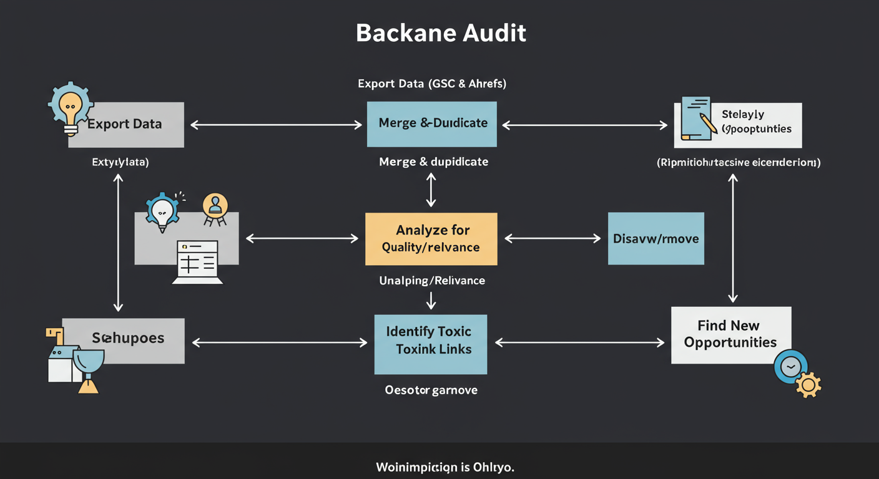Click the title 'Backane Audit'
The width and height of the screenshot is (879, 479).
coord(441,33)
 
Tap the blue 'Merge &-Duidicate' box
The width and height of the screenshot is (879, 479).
coord(432,123)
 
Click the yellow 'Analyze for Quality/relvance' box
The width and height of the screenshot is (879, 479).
coord(431,239)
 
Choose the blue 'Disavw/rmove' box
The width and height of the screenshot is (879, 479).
coord(656,238)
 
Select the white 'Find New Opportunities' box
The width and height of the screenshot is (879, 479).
coord(730,335)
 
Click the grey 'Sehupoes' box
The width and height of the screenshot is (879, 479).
coord(128,340)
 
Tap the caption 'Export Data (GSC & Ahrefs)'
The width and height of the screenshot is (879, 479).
coord(432,84)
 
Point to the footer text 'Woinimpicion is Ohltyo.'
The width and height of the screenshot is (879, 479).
coord(445,467)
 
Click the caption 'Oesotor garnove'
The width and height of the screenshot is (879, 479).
coord(431,390)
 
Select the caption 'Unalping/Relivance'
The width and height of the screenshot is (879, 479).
coord(432,281)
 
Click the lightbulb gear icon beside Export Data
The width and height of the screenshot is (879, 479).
coord(70,108)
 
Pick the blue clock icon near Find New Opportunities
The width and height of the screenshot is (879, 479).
coord(790,367)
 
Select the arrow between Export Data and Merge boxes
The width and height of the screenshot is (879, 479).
coord(276,125)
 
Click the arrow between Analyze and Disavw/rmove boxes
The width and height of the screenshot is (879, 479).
coord(552,238)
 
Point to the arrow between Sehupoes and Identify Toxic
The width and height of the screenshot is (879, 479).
coord(279,342)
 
